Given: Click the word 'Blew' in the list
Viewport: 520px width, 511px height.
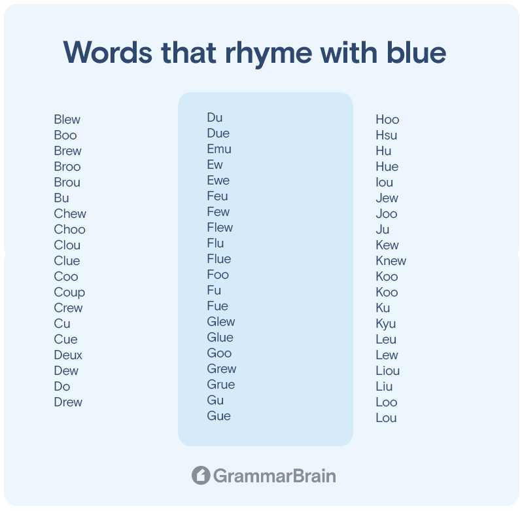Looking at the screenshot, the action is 67,120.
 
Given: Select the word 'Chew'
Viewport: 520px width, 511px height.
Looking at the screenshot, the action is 70,214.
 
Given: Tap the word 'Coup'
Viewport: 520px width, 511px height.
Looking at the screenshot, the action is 69,292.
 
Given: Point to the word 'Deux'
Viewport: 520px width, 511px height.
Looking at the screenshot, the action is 68,355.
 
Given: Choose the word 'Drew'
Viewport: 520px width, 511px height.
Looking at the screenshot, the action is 68,402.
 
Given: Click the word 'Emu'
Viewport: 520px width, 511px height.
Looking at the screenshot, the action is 219,149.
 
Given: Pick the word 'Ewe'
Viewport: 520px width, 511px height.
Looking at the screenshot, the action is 218,181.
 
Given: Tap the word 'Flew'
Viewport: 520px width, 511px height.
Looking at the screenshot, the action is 220,228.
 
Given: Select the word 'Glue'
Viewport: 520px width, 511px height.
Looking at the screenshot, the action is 220,338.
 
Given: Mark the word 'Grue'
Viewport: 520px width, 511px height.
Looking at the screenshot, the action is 221,385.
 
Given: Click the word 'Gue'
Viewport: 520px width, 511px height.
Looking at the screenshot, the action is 219,416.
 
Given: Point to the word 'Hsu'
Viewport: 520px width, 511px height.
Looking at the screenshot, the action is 387,135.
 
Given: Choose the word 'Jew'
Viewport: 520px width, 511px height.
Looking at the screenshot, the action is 387,198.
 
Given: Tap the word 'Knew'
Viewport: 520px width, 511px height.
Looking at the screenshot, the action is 391,261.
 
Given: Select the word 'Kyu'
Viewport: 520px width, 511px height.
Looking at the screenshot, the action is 386,324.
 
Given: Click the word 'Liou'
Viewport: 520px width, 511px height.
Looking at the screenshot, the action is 388,370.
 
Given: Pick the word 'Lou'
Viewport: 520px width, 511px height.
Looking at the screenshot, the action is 387,417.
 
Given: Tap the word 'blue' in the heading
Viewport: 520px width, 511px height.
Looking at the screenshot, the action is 416,52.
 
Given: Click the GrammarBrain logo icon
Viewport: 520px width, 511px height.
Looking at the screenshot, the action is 201,476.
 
